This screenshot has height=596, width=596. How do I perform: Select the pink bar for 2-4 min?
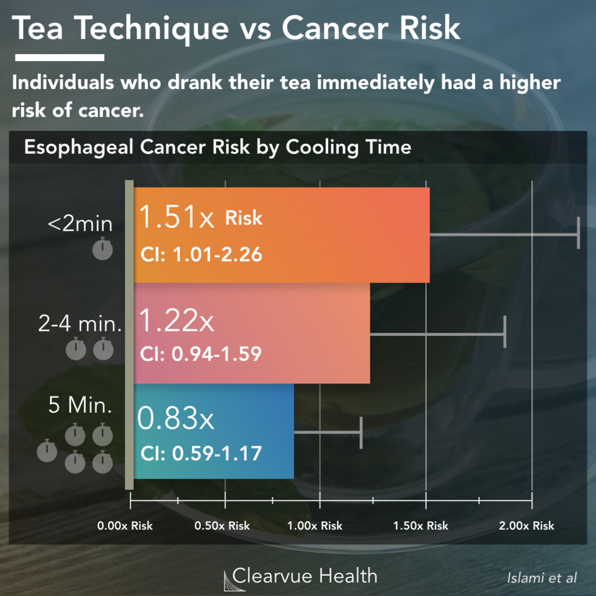tap(308, 333)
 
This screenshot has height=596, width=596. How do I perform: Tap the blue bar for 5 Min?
tap(248, 431)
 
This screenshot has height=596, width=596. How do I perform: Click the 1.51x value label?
tap(176, 218)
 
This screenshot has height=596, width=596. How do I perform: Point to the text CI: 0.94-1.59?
tap(201, 354)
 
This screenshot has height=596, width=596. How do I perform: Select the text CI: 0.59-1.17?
tap(201, 453)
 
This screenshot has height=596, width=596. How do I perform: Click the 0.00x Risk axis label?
tap(125, 526)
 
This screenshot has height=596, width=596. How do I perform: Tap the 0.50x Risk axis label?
tap(222, 526)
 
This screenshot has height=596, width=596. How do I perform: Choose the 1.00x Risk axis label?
tap(315, 526)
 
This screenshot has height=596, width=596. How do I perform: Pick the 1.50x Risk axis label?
tap(421, 526)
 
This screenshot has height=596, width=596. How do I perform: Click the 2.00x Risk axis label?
tap(526, 526)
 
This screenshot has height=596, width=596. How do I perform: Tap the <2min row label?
tap(80, 224)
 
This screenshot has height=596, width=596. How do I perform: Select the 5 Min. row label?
tap(80, 405)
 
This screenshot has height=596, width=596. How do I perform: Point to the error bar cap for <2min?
tap(578, 233)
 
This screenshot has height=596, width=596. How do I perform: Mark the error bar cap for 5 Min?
tap(361, 433)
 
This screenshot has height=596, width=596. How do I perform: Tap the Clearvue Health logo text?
tap(304, 576)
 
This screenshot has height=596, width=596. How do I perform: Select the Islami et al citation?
tap(541, 578)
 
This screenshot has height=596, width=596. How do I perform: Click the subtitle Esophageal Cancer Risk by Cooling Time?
tap(218, 147)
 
